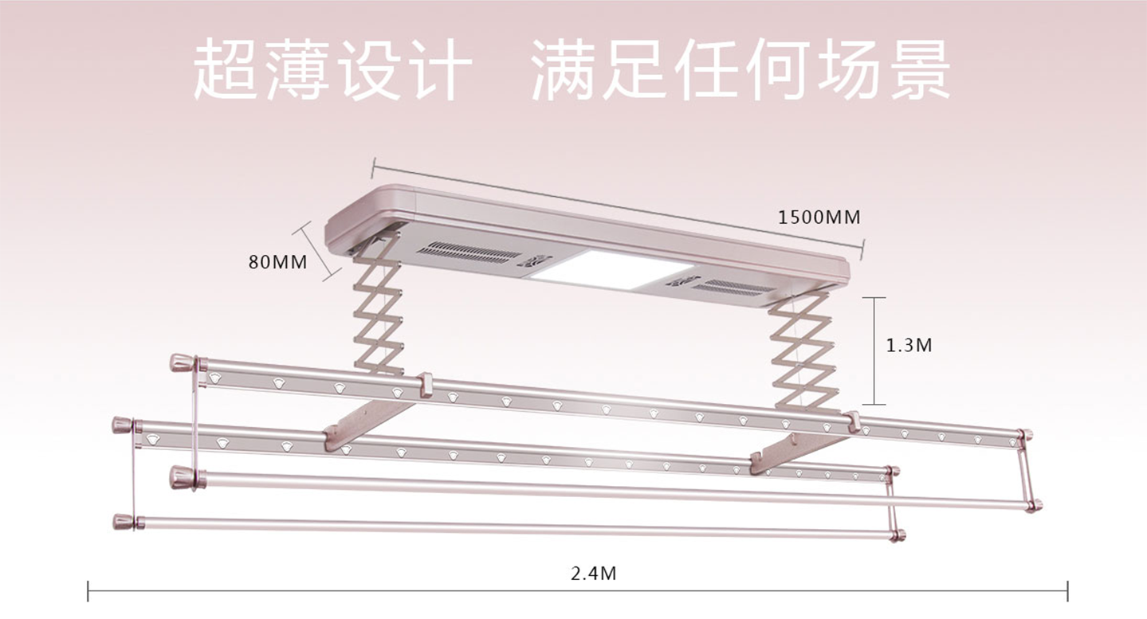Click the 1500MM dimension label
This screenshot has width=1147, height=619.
click(819, 217)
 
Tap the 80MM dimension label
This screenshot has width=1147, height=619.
click(277, 261)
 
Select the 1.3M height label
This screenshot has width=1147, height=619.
click(909, 345)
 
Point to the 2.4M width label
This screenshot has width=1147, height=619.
click(594, 573)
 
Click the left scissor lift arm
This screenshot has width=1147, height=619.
click(379, 307)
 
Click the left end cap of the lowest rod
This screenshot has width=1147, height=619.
click(124, 523)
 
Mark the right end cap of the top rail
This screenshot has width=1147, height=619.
click(1025, 435)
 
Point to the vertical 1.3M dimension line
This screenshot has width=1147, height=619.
click(874, 351)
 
